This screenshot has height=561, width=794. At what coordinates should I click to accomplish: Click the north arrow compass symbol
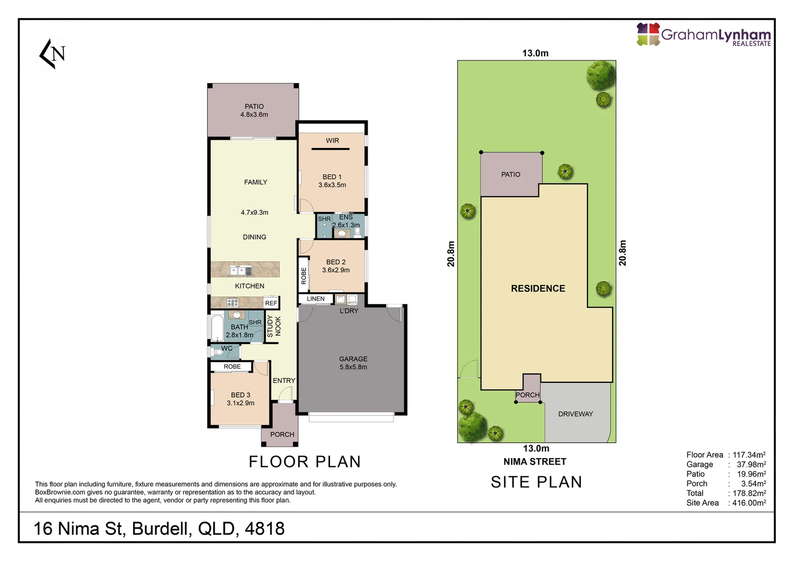tap(53, 54)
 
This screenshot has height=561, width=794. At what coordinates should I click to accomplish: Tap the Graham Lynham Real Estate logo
tap(704, 35)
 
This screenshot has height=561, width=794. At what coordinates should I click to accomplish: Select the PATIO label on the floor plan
tap(254, 106)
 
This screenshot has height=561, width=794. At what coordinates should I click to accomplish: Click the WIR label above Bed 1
tap(332, 141)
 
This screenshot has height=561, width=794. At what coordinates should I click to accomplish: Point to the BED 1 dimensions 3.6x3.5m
tap(332, 185)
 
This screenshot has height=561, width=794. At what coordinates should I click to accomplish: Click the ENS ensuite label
tap(346, 217)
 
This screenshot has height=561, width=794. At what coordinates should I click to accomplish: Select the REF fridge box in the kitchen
tap(271, 303)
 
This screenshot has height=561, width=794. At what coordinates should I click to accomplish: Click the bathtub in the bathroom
tap(217, 328)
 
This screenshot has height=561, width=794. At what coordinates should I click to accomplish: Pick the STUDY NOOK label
tap(273, 326)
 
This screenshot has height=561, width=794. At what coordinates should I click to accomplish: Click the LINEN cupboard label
tap(315, 299)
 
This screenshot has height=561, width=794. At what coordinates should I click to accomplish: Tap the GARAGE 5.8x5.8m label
tap(353, 363)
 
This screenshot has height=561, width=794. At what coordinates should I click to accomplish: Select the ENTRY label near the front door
tap(284, 381)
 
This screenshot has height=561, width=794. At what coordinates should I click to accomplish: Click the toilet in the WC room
tap(219, 352)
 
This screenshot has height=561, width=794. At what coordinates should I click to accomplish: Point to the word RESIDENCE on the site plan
tap(538, 288)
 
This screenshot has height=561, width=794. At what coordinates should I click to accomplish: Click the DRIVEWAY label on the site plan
tap(575, 414)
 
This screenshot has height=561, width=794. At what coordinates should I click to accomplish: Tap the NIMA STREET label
tap(535, 462)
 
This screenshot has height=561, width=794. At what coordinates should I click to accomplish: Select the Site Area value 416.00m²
tap(749, 503)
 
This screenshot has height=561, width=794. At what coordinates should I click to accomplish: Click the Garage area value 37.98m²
tap(751, 464)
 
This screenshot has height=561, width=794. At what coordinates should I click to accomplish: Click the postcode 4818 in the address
tap(264, 529)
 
